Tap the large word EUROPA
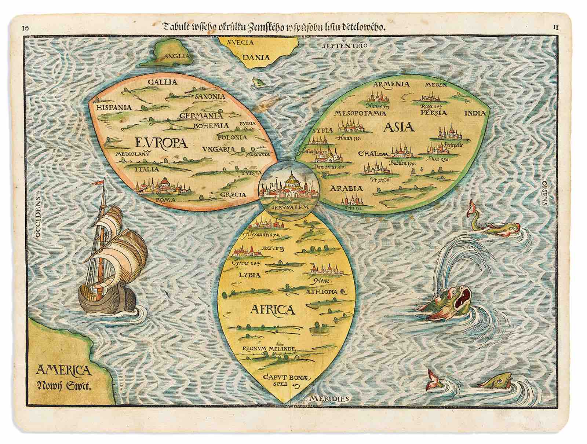tap(161, 142)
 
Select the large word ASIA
tap(399, 127)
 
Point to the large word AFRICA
tap(273, 310)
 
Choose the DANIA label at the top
tap(256, 57)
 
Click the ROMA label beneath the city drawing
tap(165, 200)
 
